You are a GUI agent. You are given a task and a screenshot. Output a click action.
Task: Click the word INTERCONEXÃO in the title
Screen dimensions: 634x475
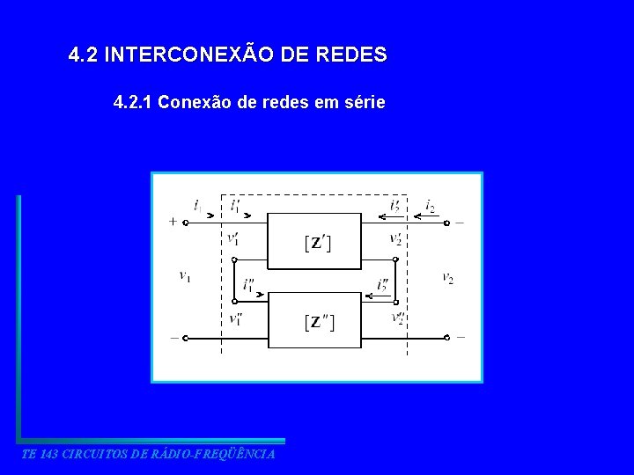192,55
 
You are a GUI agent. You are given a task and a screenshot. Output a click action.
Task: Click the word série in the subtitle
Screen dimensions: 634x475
362,103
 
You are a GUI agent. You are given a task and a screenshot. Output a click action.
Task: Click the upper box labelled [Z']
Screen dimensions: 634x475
314,241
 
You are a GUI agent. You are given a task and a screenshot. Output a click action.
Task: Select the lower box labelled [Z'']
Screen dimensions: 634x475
314,321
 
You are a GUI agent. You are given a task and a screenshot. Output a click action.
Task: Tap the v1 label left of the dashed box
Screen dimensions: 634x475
185,276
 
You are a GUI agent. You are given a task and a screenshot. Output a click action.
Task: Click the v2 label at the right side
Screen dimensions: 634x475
447,278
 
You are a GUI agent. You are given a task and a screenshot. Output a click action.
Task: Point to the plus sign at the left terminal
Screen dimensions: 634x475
173,223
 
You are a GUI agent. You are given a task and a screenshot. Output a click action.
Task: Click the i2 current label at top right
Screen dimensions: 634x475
430,207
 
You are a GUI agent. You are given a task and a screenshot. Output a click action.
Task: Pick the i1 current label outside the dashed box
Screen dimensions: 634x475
197,208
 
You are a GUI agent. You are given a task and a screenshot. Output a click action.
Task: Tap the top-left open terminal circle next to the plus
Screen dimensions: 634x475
187,223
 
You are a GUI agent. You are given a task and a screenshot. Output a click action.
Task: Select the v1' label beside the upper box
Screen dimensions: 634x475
232,238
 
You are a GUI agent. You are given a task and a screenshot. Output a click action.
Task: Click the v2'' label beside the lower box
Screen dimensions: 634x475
397,318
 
